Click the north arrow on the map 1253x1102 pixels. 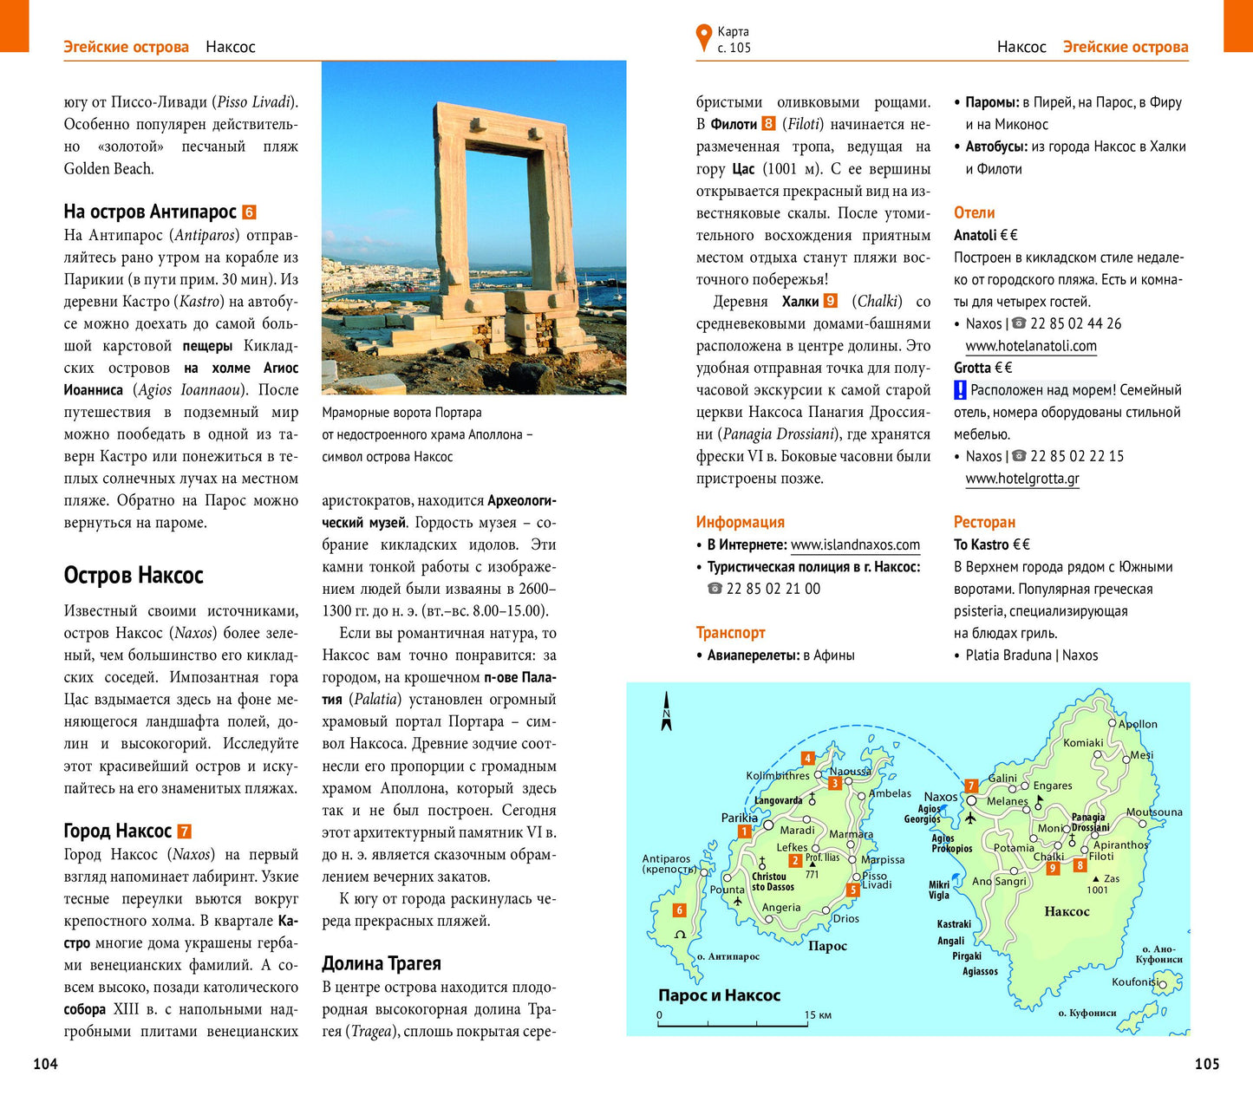pyautogui.click(x=666, y=711)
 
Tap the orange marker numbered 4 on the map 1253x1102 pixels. pyautogui.click(x=807, y=759)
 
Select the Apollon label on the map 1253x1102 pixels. pyautogui.click(x=1138, y=724)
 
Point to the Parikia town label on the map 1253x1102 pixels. pyautogui.click(x=740, y=818)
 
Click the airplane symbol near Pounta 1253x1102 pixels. pyautogui.click(x=738, y=902)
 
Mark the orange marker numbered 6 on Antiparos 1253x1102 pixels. pyautogui.click(x=680, y=910)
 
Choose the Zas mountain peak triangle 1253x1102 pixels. pyautogui.click(x=1096, y=879)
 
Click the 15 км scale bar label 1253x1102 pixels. pyautogui.click(x=818, y=1014)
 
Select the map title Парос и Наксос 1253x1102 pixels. pyautogui.click(x=719, y=995)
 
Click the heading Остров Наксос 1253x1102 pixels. pyautogui.click(x=134, y=576)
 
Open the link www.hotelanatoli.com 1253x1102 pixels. pyautogui.click(x=1031, y=346)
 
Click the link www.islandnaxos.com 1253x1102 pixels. pyautogui.click(x=855, y=544)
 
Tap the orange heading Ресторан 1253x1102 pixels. pyautogui.click(x=984, y=522)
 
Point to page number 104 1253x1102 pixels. pyautogui.click(x=45, y=1064)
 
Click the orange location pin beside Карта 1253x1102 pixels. pyautogui.click(x=703, y=38)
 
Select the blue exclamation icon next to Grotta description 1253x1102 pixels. pyautogui.click(x=960, y=390)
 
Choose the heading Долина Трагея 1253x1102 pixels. pyautogui.click(x=382, y=963)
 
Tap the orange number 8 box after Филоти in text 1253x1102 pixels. pyautogui.click(x=768, y=124)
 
